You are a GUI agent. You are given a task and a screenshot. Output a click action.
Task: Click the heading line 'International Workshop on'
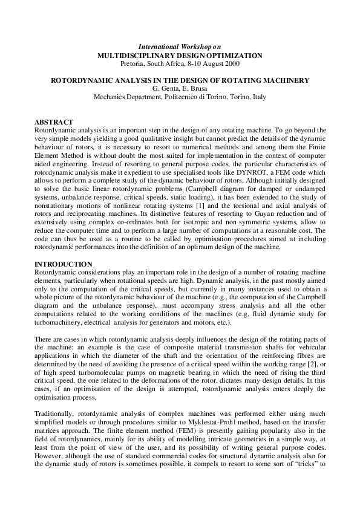coord(180,47)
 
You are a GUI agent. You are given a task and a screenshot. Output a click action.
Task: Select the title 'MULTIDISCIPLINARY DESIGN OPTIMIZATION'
coord(180,55)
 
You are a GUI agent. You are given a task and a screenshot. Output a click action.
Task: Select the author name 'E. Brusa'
coord(195,88)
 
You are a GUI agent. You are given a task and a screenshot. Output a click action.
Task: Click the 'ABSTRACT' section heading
coord(54,122)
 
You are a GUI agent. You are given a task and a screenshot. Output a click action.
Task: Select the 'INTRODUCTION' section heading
coord(64,264)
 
